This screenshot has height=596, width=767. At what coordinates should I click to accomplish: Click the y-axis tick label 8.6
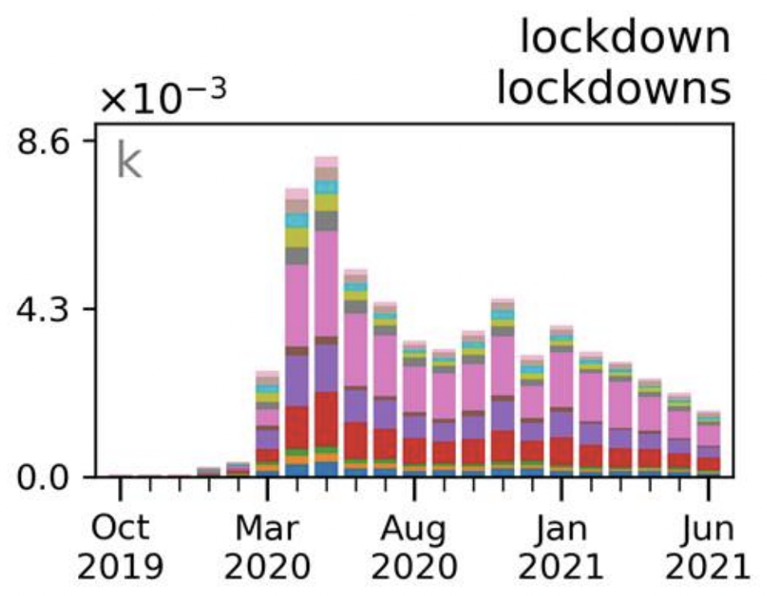50,141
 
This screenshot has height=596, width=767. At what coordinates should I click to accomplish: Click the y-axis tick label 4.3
50,308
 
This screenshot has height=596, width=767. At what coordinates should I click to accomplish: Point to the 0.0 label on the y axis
50,477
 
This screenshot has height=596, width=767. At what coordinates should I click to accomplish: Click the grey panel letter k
129,161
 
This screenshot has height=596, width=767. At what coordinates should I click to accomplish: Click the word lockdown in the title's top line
625,39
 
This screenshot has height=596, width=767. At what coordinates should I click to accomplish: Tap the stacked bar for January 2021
562,402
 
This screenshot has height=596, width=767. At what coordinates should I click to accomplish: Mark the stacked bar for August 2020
414,410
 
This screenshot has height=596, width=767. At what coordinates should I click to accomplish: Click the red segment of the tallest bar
326,418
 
